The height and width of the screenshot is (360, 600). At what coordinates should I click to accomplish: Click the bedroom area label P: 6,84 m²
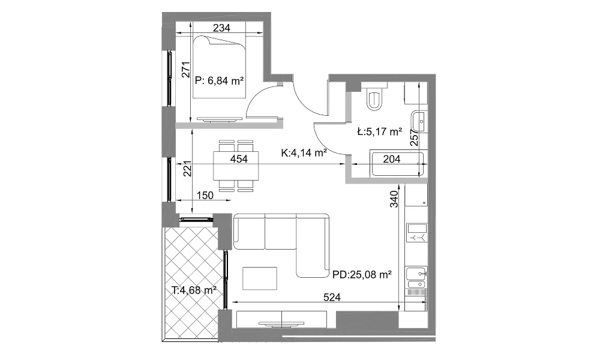219,81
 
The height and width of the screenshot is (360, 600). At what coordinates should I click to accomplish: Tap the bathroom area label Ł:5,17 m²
380,132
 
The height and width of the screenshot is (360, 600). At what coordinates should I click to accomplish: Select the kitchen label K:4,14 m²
304,153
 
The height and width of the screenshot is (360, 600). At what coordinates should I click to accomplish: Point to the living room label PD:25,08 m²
362,275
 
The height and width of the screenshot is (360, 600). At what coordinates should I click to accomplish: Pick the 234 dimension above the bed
221,28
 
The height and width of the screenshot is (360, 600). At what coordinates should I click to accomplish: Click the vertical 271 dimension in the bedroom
186,70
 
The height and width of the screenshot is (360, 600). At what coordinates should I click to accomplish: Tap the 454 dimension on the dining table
239,159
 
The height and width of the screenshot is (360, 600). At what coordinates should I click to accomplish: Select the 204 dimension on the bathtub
391,159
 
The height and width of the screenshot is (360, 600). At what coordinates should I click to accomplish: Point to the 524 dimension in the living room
332,297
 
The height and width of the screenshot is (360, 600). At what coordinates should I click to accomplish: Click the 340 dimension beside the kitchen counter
394,199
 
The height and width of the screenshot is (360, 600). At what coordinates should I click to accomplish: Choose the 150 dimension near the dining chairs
205,196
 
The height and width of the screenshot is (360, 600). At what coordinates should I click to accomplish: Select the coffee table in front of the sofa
260,278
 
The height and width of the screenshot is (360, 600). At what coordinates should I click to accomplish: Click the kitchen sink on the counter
416,274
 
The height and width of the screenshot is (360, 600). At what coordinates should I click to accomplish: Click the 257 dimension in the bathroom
415,137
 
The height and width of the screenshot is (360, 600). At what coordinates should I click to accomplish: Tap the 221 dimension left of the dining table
187,169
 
